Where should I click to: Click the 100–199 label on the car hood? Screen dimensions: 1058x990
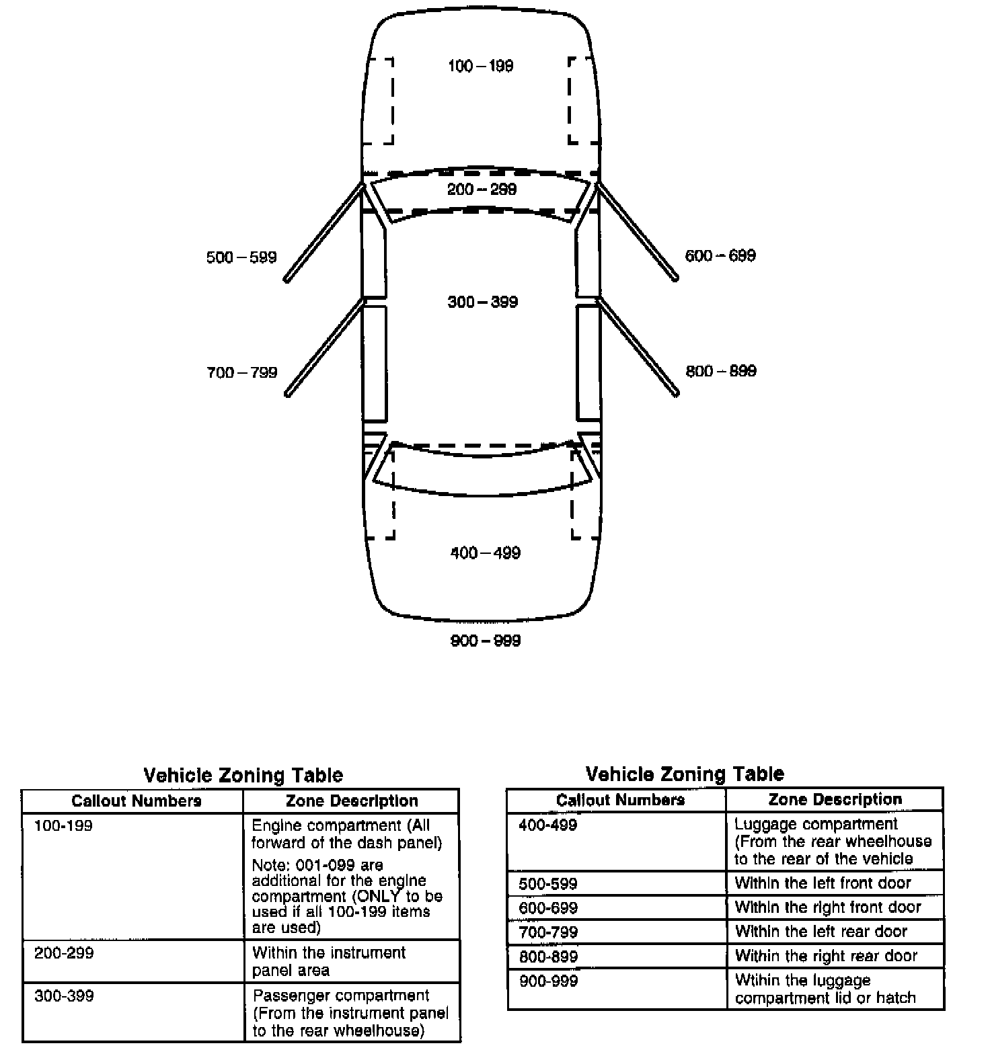[480, 66]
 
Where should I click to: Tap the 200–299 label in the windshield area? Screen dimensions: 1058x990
[482, 190]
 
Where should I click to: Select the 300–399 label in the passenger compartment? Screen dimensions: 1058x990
[482, 302]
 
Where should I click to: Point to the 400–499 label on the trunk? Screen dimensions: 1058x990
[485, 553]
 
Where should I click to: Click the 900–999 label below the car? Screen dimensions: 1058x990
[485, 641]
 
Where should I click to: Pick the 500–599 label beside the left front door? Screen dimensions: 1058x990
[241, 257]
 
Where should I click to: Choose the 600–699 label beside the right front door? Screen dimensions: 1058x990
[720, 256]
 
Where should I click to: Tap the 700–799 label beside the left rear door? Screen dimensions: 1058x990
[241, 373]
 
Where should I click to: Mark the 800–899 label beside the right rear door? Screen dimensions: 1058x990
[721, 371]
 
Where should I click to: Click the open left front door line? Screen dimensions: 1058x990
[323, 232]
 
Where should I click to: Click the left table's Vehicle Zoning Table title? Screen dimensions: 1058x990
[243, 776]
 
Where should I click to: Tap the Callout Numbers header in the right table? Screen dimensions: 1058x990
[620, 800]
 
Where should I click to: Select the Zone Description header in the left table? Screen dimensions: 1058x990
[352, 801]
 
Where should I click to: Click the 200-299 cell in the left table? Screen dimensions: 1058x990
[64, 953]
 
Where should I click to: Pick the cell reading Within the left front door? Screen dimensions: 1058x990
[823, 883]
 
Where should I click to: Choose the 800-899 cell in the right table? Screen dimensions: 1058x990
[548, 957]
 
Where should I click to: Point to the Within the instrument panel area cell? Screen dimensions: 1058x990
[329, 961]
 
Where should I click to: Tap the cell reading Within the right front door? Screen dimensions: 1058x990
[827, 907]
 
